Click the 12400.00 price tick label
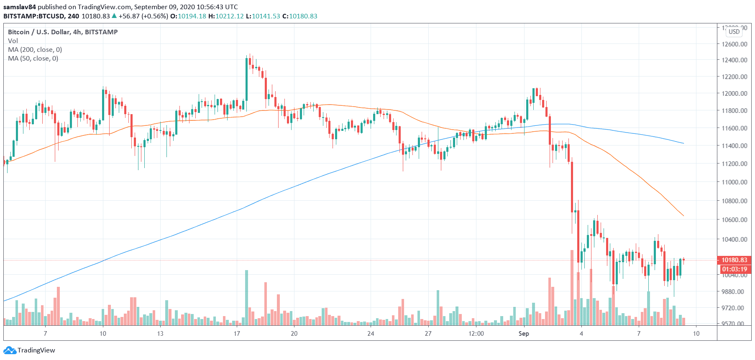click(734, 60)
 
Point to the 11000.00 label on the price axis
click(734, 182)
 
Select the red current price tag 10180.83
click(734, 260)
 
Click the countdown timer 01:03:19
click(734, 269)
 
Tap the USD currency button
click(734, 32)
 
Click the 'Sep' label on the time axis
click(524, 334)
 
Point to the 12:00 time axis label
click(476, 334)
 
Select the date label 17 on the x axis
click(237, 334)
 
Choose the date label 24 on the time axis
click(371, 334)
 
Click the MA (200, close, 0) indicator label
click(35, 50)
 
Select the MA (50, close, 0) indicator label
click(33, 59)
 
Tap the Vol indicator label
click(13, 41)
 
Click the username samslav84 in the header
click(20, 7)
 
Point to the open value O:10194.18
click(188, 16)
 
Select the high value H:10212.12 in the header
click(226, 16)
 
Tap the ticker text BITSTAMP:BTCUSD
click(34, 16)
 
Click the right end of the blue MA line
click(683, 143)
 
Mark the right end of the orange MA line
click(683, 216)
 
